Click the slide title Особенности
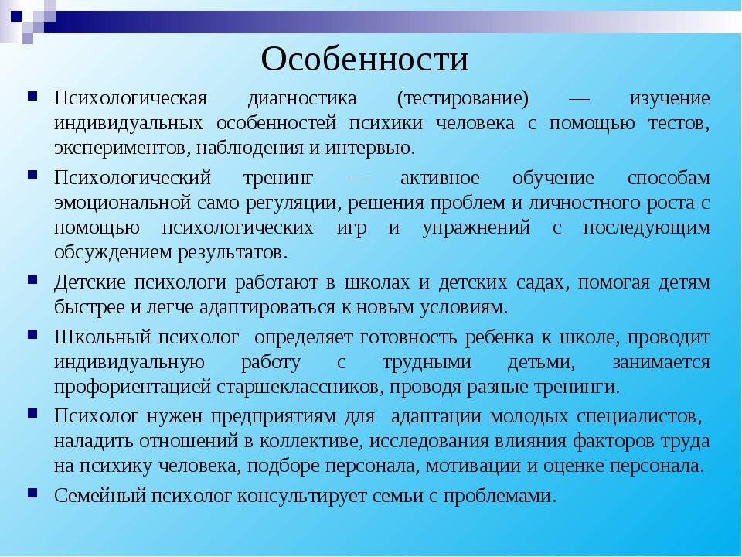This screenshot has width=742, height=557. [x=364, y=60]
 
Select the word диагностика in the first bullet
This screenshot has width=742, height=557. [x=302, y=98]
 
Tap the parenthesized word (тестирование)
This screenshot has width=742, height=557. [x=463, y=98]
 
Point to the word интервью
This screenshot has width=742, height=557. [x=369, y=148]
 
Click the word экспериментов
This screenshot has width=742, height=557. [x=122, y=149]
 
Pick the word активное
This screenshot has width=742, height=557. [x=440, y=178]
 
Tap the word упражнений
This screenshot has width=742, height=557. [x=476, y=228]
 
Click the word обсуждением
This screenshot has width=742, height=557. [x=113, y=252]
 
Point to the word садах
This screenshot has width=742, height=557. [x=543, y=283]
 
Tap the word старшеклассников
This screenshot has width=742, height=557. [x=300, y=387]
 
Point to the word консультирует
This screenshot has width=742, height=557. [x=302, y=497]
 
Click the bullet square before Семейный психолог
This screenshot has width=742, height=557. [x=32, y=494]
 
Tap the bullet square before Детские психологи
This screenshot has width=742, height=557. [x=32, y=279]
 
